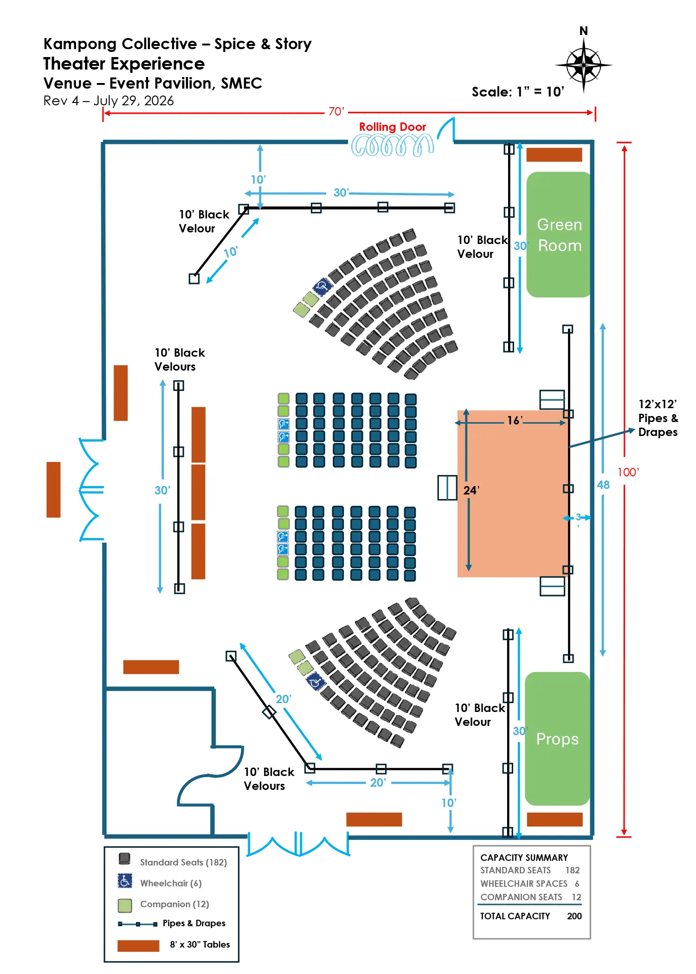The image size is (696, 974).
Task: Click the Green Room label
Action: coord(559,235)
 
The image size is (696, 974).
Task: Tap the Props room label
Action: coord(557,739)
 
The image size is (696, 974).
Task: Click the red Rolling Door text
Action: coord(393,127)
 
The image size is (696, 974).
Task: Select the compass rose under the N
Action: coord(584,65)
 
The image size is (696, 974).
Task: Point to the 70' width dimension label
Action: coord(336,112)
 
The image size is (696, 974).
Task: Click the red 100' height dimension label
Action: coord(628,472)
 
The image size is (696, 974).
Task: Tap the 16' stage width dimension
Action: coord(515,421)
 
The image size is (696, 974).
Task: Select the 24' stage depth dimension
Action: coord(471,490)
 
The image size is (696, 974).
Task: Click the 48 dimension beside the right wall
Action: coord(603,485)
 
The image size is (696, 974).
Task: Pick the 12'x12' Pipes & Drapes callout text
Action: coord(658,418)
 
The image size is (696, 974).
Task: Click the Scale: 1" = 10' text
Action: coord(518,92)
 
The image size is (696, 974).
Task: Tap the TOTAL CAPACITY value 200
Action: coord(574,916)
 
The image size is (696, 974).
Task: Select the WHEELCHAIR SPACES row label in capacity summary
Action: coord(524,884)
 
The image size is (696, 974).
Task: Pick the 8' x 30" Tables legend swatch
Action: coord(138,946)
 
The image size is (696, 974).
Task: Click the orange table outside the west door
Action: coord(53,489)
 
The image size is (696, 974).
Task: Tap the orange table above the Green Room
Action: coord(554,155)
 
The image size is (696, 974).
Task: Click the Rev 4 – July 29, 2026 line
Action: coord(109,101)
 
